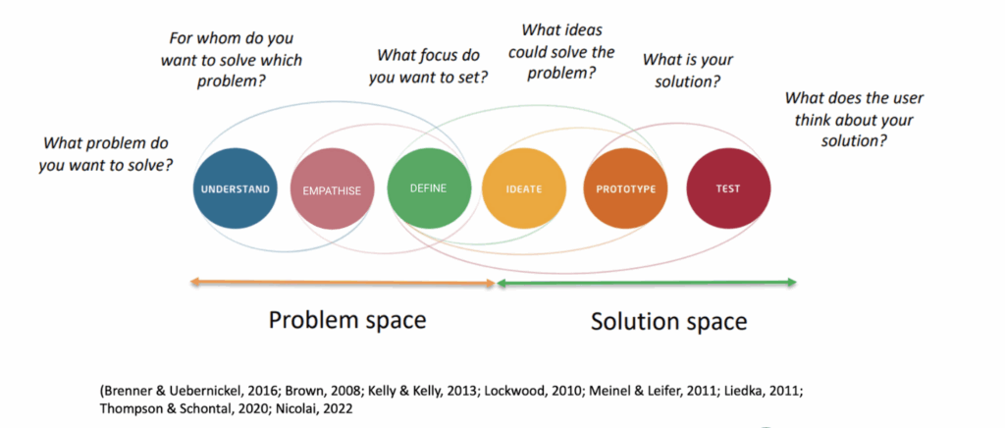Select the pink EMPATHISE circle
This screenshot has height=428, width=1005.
(x=332, y=189)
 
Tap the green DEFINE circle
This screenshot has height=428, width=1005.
(x=427, y=187)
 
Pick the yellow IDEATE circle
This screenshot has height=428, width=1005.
(x=524, y=188)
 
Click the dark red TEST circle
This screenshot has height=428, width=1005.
(x=727, y=188)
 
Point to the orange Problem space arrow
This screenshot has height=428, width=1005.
(x=344, y=283)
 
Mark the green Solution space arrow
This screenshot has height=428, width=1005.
(x=646, y=283)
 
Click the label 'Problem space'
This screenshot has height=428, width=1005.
(x=347, y=321)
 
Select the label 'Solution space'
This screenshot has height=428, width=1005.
(x=668, y=321)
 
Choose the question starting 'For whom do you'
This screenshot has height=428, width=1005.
(x=231, y=60)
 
